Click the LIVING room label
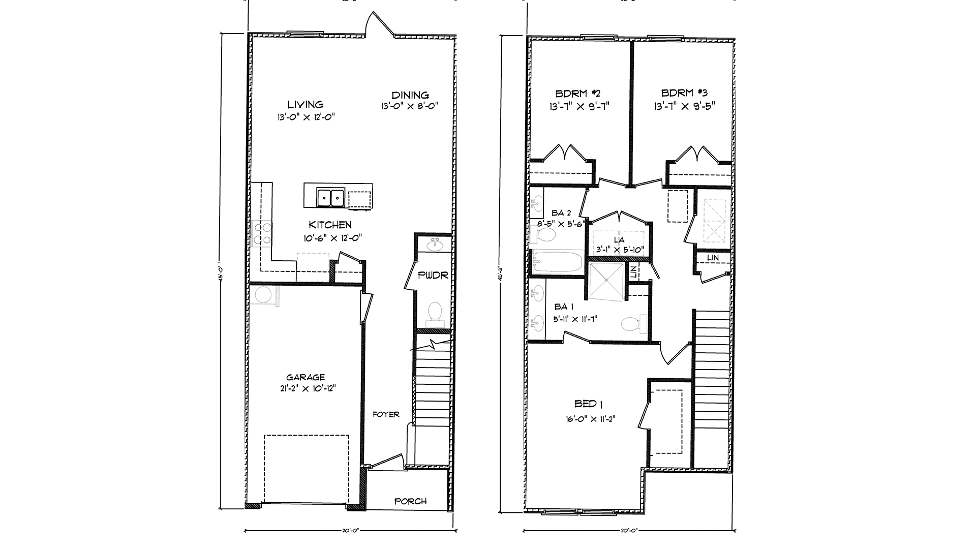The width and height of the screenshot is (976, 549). tap(305, 105)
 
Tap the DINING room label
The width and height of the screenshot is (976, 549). tap(410, 95)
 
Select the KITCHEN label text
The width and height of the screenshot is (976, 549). tap(330, 225)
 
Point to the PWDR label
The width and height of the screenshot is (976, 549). tap(433, 276)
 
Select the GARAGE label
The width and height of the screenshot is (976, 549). tap(305, 377)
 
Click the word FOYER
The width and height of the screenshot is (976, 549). tap(386, 414)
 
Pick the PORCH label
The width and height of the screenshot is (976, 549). tap(410, 501)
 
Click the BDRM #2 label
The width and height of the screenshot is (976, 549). tap(578, 94)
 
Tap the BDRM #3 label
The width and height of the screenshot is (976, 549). tap(684, 93)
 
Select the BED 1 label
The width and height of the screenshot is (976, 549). tap(588, 404)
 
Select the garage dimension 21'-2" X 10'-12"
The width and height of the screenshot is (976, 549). tap(305, 388)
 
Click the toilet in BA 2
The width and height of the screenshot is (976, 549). tap(547, 235)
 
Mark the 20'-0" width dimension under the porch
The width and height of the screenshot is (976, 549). tap(351, 531)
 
